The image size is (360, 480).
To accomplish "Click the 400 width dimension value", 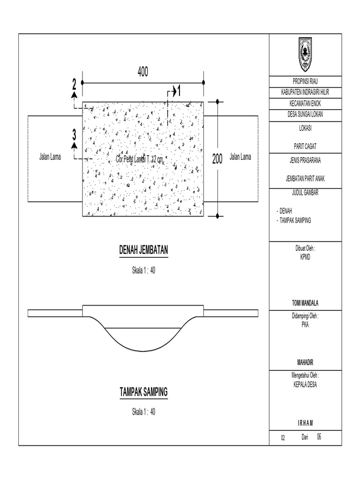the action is click(142, 72).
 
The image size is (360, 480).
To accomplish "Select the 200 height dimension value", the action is click(217, 159).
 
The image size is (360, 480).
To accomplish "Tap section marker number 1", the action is click(179, 92).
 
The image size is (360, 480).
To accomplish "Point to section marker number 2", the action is click(74, 85).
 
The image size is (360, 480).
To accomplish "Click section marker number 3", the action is click(74, 135).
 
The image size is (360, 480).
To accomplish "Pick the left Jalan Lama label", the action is click(50, 157).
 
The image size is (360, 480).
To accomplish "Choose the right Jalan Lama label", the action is click(240, 157).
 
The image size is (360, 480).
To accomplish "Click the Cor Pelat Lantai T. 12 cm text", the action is click(140, 159).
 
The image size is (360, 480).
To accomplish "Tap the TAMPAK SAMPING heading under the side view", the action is click(143, 392).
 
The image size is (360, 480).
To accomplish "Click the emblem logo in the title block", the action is click(308, 53).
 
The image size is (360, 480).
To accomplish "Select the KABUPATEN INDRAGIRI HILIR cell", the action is click(308, 92).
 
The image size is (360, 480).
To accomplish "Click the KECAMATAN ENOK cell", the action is click(308, 103).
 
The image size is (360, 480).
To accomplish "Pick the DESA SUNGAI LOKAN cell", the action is click(308, 114).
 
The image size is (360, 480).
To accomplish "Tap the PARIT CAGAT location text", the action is click(308, 146).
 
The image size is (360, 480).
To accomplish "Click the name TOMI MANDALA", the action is click(308, 303).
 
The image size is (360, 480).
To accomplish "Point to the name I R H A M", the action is click(308, 423).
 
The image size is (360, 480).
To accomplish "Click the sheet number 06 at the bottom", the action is click(319, 436).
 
